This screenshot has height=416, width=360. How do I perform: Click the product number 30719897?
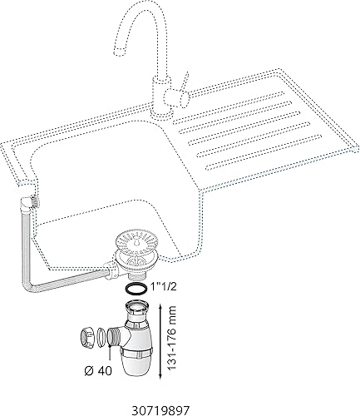pos(161,410)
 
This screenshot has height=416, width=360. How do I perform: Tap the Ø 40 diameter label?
pos(98,370)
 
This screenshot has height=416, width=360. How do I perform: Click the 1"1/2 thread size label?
pos(162,287)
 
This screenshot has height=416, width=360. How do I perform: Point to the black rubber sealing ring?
pos(135,289)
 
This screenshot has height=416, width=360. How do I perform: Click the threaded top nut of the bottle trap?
pos(138,306)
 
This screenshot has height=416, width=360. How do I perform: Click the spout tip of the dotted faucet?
pos(119,52)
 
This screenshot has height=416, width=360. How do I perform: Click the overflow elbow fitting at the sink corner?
pos(30,204)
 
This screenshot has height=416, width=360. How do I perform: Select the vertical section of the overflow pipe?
pos(26,250)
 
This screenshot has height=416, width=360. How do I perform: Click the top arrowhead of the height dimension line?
pos(160,306)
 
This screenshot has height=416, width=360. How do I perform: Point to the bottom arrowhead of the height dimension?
pos(160,376)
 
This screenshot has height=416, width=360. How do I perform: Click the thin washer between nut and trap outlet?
pos(101,337)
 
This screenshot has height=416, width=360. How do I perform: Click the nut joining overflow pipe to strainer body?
pos(111,270)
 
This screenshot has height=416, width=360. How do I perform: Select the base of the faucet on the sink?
pos(161,113)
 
